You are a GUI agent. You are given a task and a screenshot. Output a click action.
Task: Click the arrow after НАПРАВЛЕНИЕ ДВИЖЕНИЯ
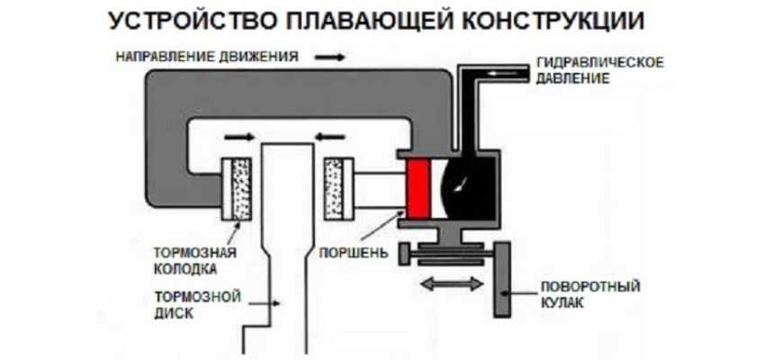click(328, 56)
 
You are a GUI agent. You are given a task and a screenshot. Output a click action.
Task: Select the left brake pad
click(241, 188)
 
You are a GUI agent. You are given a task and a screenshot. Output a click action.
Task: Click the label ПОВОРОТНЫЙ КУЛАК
click(589, 294)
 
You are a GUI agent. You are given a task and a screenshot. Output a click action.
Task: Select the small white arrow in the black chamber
click(463, 185)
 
